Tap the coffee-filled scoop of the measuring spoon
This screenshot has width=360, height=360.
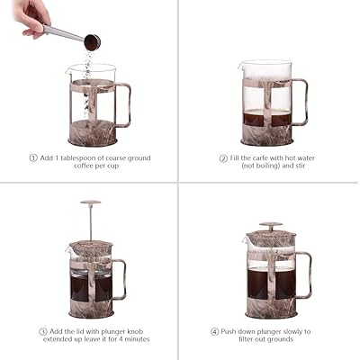pos(92,41)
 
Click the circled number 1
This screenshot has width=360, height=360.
pos(33,157)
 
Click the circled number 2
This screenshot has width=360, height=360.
pos(223,157)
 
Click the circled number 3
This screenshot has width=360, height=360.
pos(43,330)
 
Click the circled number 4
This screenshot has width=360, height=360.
pos(214,330)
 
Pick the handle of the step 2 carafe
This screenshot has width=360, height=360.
pos(301,101)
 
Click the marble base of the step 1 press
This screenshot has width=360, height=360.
pos(92,135)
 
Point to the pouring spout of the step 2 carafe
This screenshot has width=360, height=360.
pos(241,67)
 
